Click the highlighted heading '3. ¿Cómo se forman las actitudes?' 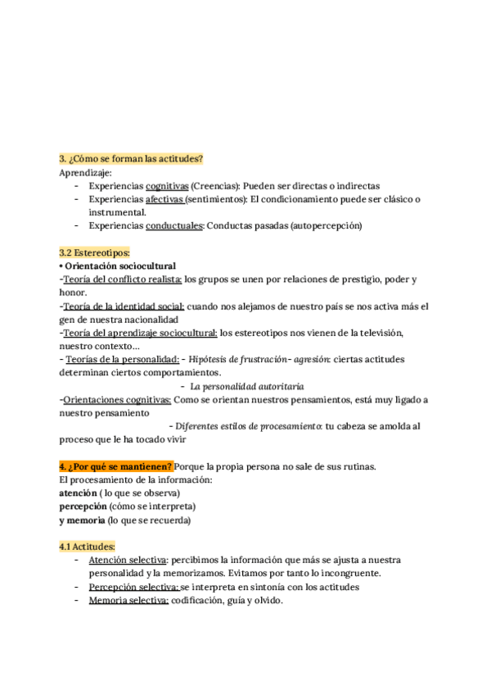(x=131, y=158)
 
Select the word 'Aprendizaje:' (x=86, y=173)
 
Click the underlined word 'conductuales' (x=174, y=225)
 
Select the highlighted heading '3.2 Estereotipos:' (x=95, y=252)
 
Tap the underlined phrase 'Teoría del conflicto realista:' (x=123, y=279)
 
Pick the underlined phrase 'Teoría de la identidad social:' (x=124, y=306)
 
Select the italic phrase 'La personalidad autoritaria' (x=247, y=385)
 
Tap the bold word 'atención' (x=77, y=493)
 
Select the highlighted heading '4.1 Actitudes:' (x=87, y=547)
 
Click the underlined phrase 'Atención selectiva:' (x=128, y=560)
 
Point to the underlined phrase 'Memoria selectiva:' (x=128, y=600)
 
